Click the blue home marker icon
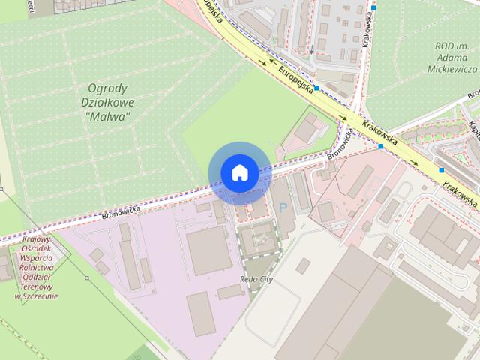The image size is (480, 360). (239, 173)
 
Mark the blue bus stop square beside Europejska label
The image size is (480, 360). (318, 88)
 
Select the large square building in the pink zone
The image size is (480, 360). (208, 250)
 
